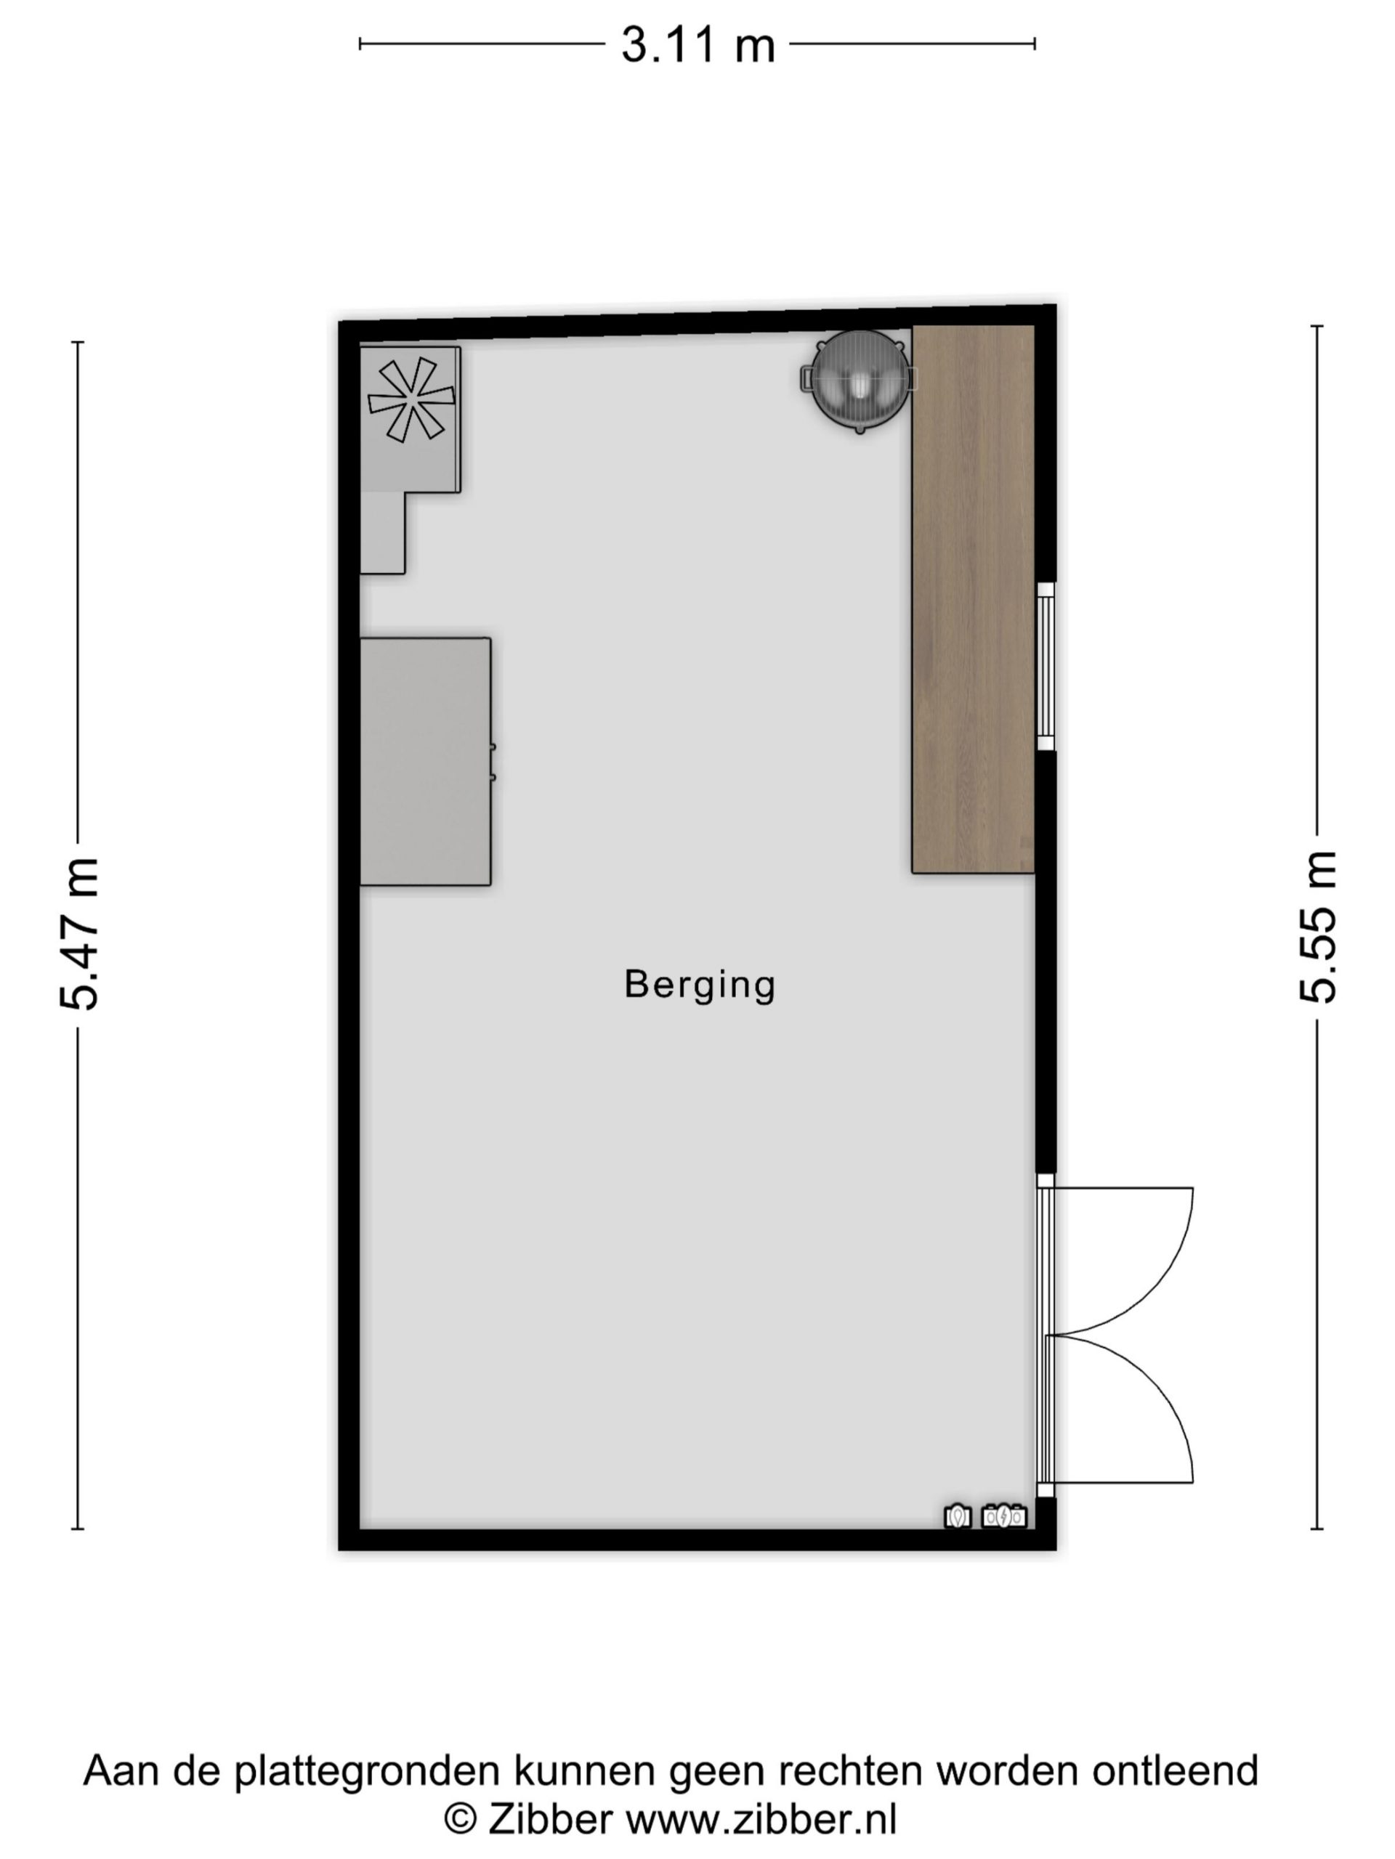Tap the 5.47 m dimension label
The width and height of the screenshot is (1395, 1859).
(80, 934)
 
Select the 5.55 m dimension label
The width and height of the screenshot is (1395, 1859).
(1317, 927)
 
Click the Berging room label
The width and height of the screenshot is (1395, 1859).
(700, 985)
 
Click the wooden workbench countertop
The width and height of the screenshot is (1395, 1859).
(973, 598)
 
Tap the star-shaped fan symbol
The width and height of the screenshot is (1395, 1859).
(411, 400)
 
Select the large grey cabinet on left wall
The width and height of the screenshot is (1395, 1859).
(426, 762)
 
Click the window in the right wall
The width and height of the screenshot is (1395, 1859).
(1046, 667)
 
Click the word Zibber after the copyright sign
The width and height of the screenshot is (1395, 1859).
(550, 1821)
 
